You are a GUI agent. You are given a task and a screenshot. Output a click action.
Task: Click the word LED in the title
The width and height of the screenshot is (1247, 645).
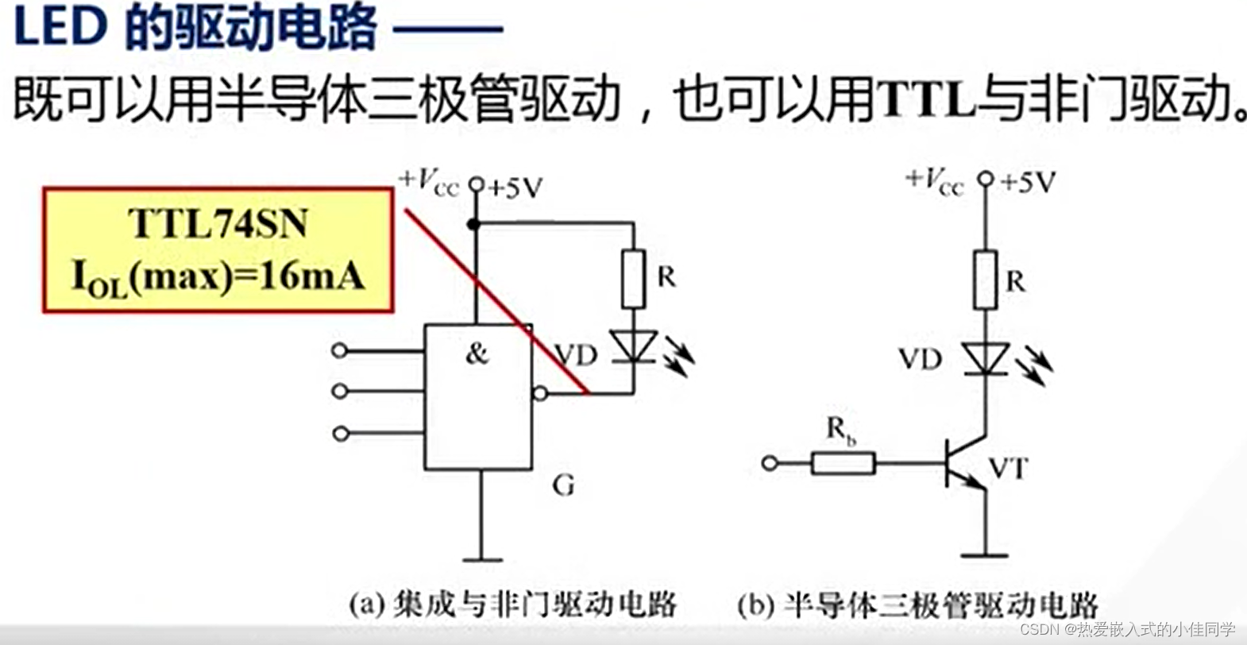(60, 27)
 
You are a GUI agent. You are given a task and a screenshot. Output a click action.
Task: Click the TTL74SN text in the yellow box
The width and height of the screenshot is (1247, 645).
(218, 223)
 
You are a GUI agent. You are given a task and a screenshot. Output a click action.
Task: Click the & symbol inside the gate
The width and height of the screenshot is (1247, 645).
(477, 353)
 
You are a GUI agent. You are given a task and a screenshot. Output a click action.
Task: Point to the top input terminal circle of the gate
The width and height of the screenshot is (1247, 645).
(340, 350)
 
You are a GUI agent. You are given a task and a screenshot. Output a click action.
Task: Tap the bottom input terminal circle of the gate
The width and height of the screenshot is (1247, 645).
(341, 433)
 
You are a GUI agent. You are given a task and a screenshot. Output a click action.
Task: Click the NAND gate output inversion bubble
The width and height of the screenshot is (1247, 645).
(540, 392)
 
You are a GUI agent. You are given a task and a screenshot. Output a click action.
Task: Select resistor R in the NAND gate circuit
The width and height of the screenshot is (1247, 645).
(633, 278)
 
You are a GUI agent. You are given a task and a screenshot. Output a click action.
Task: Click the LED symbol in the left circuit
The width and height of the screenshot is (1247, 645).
(634, 348)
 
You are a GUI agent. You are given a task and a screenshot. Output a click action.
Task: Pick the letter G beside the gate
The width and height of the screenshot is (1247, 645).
(563, 485)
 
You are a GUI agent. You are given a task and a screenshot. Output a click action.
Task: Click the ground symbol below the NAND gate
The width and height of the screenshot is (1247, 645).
(481, 559)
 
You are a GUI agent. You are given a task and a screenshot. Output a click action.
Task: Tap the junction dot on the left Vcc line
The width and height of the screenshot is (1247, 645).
(474, 225)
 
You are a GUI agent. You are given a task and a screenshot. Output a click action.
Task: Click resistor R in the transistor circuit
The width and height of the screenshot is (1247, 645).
(985, 280)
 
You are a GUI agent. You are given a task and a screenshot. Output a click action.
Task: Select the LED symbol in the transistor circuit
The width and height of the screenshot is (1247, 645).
(985, 359)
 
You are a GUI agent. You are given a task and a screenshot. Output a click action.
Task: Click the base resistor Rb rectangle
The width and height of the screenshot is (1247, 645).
(843, 463)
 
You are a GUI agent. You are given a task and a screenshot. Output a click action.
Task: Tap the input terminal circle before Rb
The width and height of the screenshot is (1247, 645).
(770, 463)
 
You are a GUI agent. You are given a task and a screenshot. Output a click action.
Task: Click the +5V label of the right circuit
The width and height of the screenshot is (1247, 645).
(1028, 183)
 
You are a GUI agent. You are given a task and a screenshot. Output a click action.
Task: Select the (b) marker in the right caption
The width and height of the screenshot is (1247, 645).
(755, 606)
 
